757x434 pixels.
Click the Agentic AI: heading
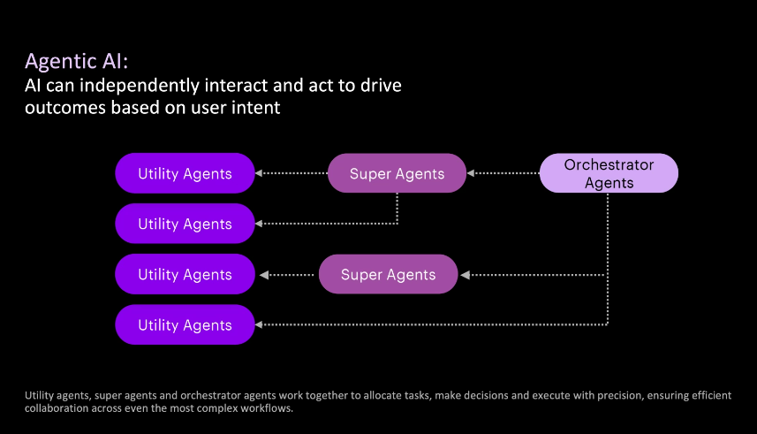tap(76, 62)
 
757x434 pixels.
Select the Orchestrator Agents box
tap(609, 173)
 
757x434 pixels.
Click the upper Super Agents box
tap(397, 173)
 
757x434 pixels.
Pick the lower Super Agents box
tap(388, 274)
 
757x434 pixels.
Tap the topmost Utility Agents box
tap(185, 173)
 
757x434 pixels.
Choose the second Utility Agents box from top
tap(185, 224)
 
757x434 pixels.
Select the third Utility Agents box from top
tap(185, 274)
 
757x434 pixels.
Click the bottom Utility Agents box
tap(185, 324)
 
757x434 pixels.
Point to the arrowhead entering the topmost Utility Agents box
tap(259, 173)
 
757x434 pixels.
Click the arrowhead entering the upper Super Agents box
tap(471, 173)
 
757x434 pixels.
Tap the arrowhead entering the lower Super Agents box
tap(465, 275)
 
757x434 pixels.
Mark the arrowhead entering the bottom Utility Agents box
tap(259, 324)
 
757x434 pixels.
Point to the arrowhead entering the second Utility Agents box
tap(259, 224)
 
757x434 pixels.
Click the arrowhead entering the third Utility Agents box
tap(264, 275)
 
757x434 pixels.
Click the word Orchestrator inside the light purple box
tap(609, 164)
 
